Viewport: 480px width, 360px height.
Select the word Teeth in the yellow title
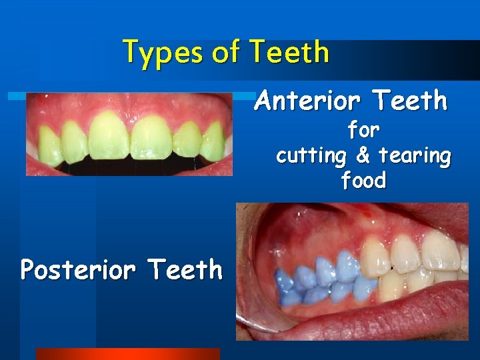click(x=289, y=52)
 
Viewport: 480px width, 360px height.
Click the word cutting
click(x=311, y=156)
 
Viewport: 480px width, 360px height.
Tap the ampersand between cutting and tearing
click(x=363, y=155)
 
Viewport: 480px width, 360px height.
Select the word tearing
click(x=414, y=156)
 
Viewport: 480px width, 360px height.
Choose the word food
click(x=363, y=180)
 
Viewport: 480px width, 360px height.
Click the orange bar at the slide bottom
click(x=127, y=354)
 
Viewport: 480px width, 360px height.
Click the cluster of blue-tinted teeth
click(x=313, y=277)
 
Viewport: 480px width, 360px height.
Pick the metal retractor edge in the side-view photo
click(x=248, y=323)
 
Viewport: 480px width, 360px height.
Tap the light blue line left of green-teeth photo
click(x=16, y=97)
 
